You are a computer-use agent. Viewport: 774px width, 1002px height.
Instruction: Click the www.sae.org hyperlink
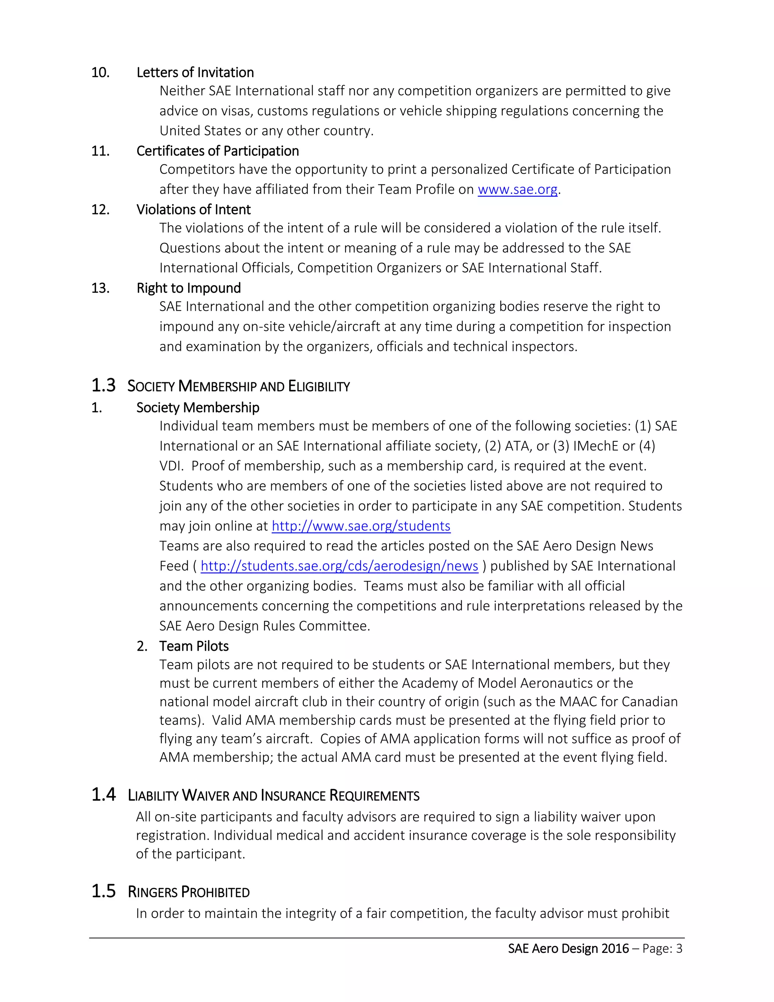pyautogui.click(x=517, y=189)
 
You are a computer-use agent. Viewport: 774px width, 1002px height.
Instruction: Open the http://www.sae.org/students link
pyautogui.click(x=361, y=526)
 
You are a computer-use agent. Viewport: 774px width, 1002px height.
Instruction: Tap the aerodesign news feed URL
pyautogui.click(x=339, y=566)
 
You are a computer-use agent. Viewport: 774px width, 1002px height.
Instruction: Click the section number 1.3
pyautogui.click(x=103, y=385)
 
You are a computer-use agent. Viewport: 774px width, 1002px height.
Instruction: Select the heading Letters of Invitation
pyautogui.click(x=195, y=73)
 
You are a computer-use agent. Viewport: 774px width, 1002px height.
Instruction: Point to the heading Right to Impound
pyautogui.click(x=189, y=288)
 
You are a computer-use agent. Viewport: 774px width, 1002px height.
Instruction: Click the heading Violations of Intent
pyautogui.click(x=193, y=210)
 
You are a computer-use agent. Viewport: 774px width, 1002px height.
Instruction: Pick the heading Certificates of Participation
pyautogui.click(x=217, y=151)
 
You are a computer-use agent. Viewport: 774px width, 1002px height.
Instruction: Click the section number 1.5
pyautogui.click(x=103, y=891)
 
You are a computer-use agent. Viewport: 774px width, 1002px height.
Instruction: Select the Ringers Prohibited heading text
pyautogui.click(x=189, y=892)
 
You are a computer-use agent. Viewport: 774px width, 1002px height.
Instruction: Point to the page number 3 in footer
pyautogui.click(x=679, y=948)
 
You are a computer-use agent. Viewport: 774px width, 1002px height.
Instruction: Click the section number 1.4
pyautogui.click(x=103, y=795)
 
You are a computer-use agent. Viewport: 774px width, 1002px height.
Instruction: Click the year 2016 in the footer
pyautogui.click(x=615, y=948)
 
